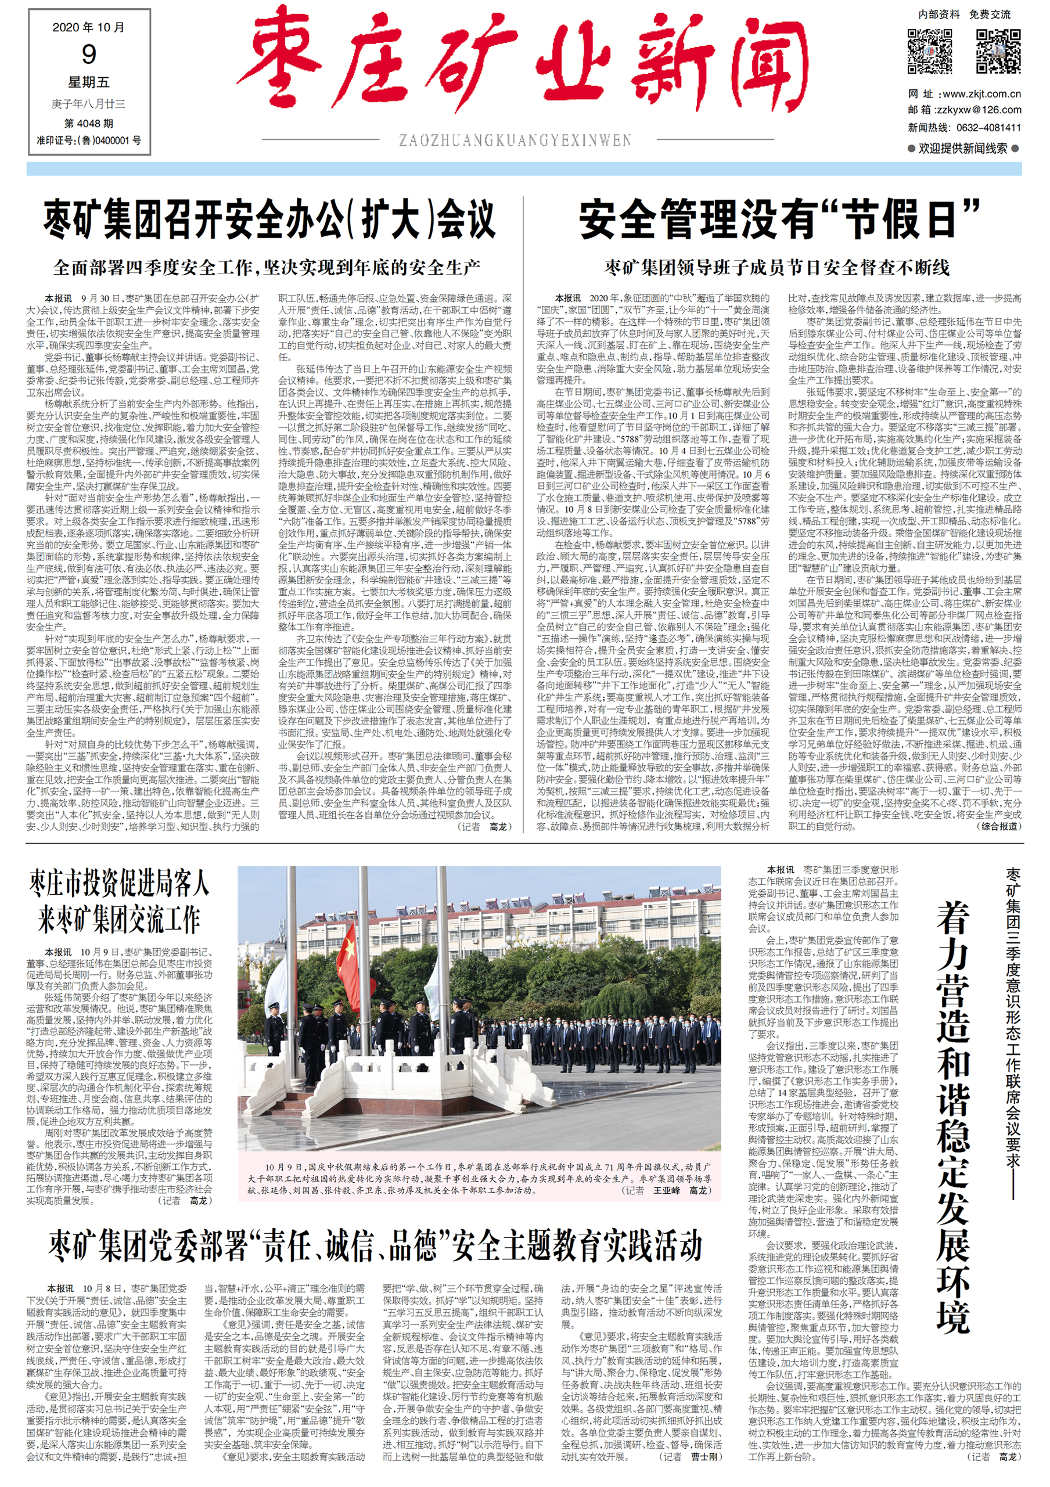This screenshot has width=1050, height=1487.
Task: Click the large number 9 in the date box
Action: pyautogui.click(x=89, y=55)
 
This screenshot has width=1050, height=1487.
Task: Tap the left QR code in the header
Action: pyautogui.click(x=930, y=51)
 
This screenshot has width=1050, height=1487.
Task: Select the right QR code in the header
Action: pyautogui.click(x=998, y=51)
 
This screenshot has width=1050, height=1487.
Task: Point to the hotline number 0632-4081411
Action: pyautogui.click(x=985, y=128)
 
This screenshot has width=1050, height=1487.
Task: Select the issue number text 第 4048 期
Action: pyautogui.click(x=89, y=123)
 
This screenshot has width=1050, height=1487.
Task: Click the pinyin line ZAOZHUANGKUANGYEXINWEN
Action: pyautogui.click(x=515, y=140)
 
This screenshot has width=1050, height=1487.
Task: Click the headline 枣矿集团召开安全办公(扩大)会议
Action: pyautogui.click(x=270, y=220)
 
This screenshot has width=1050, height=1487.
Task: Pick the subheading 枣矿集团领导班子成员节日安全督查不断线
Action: pyautogui.click(x=777, y=267)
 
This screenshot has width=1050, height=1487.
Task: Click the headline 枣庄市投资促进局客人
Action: pyautogui.click(x=119, y=883)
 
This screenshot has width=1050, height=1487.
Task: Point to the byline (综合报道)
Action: pyautogui.click(x=998, y=826)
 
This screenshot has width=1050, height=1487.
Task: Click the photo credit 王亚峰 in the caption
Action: pyautogui.click(x=667, y=1191)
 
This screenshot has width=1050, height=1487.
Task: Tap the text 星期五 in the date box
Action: pyautogui.click(x=89, y=82)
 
